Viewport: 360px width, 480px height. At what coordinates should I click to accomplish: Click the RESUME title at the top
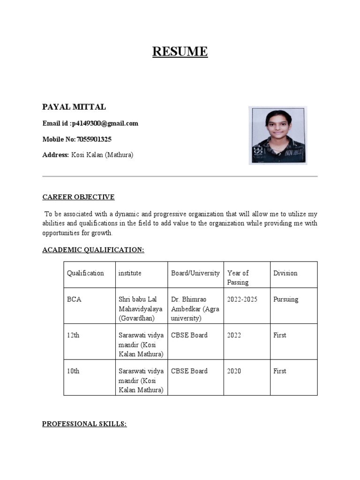point(180,51)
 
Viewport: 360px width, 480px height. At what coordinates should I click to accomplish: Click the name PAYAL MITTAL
point(74,107)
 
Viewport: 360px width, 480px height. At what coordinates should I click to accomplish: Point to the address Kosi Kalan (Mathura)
point(102,155)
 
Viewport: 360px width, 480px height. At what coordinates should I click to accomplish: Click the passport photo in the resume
point(277,135)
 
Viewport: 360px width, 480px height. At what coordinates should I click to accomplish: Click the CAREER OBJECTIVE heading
point(78,197)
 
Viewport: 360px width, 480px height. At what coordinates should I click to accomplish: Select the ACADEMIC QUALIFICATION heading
point(93,250)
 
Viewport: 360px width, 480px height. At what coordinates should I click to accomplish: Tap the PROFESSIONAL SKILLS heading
point(84,424)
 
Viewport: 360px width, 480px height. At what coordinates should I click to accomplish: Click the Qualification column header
point(85,273)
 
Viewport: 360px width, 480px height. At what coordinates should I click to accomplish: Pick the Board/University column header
point(195,273)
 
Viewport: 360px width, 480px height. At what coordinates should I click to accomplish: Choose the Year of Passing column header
point(238,277)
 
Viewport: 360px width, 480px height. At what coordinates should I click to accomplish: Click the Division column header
point(285,273)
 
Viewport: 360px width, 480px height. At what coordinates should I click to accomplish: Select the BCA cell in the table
point(74,300)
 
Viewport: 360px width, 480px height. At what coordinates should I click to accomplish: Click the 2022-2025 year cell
point(242,300)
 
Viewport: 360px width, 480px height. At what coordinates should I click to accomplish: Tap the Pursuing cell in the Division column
point(285,300)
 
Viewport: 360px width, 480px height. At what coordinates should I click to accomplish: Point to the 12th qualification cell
point(73,336)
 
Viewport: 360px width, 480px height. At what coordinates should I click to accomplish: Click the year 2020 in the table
point(234,371)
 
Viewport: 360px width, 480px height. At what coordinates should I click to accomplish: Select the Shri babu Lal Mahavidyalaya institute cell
point(141,309)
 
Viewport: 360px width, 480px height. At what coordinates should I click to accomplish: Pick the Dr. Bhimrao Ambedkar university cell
point(195,309)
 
